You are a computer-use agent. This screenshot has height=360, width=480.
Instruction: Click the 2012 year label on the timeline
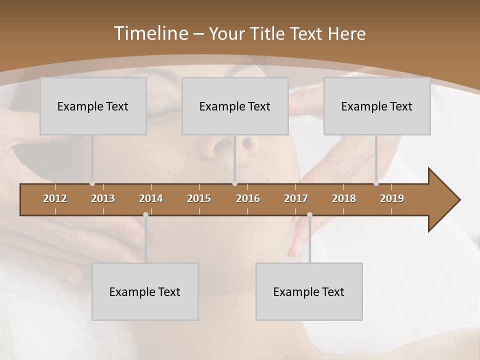click(x=55, y=198)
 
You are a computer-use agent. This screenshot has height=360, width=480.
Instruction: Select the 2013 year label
click(x=103, y=198)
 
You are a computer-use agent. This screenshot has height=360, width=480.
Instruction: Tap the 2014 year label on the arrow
click(x=151, y=198)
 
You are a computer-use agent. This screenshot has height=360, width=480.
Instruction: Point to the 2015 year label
click(x=199, y=198)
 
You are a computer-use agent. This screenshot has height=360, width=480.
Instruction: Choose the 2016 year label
click(x=248, y=198)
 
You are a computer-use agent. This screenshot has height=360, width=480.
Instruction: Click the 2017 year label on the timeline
click(x=296, y=198)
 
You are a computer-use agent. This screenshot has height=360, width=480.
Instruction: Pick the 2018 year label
click(x=344, y=198)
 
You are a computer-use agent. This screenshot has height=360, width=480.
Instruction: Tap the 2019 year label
click(x=392, y=198)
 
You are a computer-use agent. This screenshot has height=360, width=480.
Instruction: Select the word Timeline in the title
click(x=150, y=33)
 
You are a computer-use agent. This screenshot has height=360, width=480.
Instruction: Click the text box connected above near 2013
click(x=93, y=106)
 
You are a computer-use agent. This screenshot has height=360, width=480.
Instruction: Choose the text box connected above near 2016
click(x=235, y=106)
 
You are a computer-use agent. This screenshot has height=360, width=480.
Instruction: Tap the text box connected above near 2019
click(x=377, y=106)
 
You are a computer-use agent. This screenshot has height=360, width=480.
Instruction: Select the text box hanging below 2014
click(x=145, y=291)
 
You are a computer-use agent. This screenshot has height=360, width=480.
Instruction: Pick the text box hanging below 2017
click(x=309, y=291)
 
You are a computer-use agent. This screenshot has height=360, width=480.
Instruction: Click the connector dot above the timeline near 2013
click(x=92, y=183)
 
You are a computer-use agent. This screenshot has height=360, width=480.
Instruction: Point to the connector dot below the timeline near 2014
click(x=145, y=215)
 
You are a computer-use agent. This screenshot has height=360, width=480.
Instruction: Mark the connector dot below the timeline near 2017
click(x=309, y=215)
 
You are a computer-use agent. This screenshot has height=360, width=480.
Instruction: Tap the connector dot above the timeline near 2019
click(x=376, y=183)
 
